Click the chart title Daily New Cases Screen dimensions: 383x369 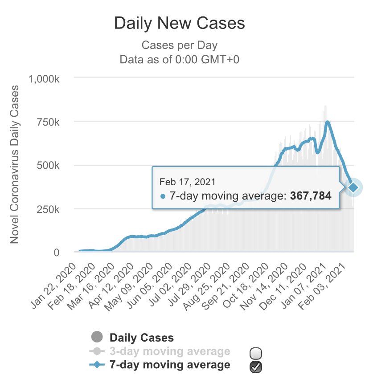pyautogui.click(x=179, y=24)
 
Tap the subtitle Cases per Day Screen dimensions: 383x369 pyautogui.click(x=179, y=45)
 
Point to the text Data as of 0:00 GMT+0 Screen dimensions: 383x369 pyautogui.click(x=179, y=60)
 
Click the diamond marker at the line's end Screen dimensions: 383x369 pyautogui.click(x=353, y=187)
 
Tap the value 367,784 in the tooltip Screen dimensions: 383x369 pyautogui.click(x=310, y=196)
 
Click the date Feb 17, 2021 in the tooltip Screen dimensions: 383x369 pyautogui.click(x=187, y=182)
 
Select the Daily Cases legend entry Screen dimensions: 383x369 pyautogui.click(x=142, y=338)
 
